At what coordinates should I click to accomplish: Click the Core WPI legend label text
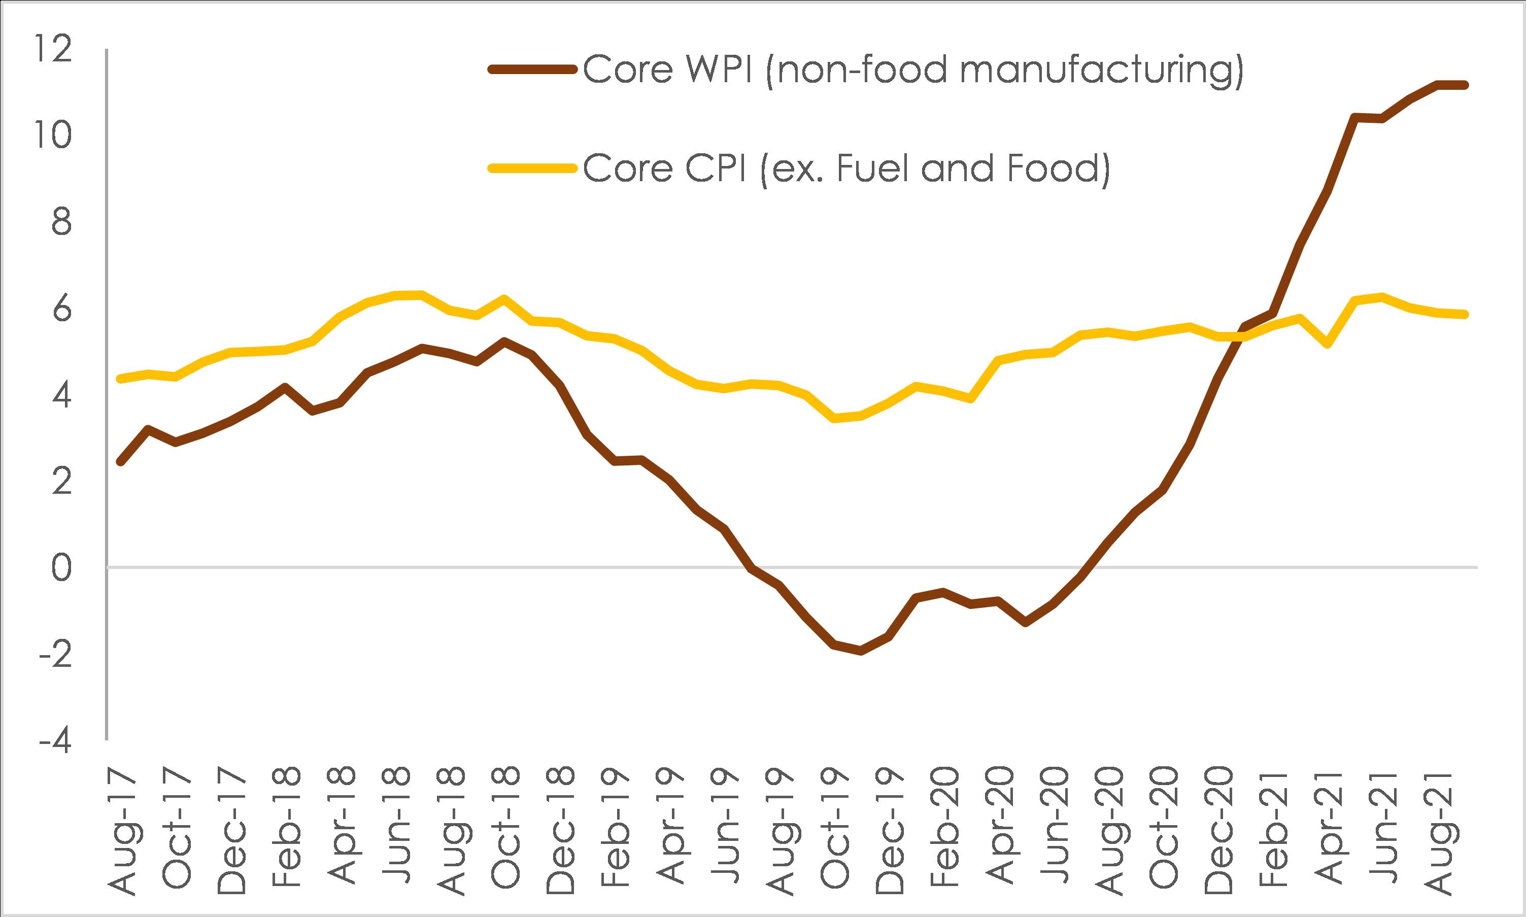point(912,70)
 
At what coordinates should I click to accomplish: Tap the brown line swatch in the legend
point(535,70)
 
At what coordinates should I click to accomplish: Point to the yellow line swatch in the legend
point(535,167)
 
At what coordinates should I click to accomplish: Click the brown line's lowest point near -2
point(860,651)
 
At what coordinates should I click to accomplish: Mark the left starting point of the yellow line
point(120,379)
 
